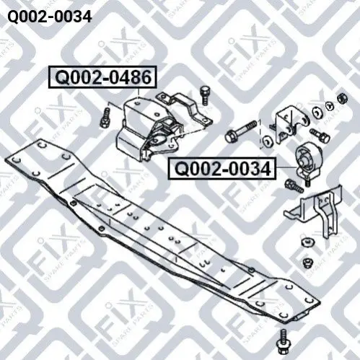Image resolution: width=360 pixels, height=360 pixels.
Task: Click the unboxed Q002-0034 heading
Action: pyautogui.click(x=50, y=17)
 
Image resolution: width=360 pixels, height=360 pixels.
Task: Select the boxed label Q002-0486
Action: pyautogui.click(x=103, y=77)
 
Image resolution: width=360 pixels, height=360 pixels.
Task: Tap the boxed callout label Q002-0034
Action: pyautogui.click(x=222, y=168)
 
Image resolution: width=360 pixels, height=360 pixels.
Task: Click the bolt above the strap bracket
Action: pyautogui.click(x=204, y=95)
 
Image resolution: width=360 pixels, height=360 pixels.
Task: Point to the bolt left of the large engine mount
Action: pyautogui.click(x=105, y=118)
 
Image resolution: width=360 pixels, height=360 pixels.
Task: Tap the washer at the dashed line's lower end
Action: pyautogui.click(x=267, y=141)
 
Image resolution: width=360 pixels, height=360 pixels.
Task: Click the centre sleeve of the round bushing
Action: pyautogui.click(x=303, y=159)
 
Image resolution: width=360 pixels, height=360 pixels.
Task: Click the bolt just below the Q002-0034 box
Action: pyautogui.click(x=294, y=186)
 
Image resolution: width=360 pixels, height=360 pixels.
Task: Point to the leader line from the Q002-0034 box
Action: pyautogui.click(x=286, y=167)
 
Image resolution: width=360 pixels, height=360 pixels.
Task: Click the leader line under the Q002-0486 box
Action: pyautogui.click(x=139, y=93)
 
